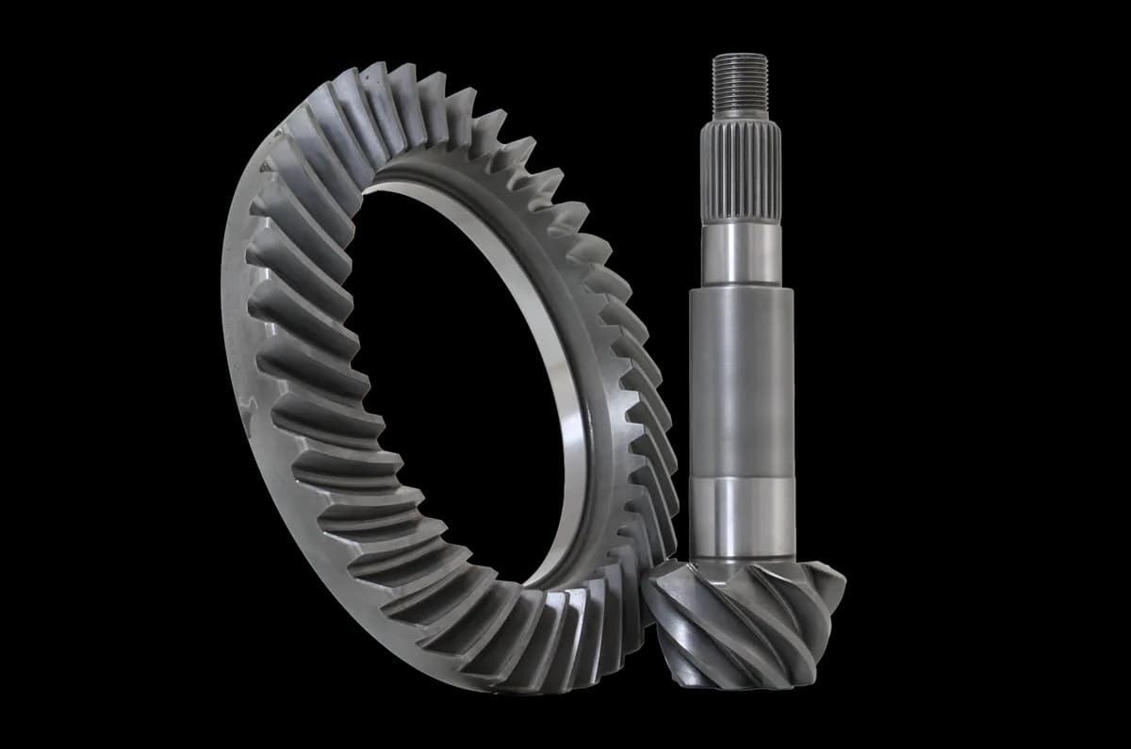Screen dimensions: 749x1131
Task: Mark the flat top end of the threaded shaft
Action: tap(740, 56)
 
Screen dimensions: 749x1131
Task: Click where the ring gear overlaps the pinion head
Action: tap(650, 603)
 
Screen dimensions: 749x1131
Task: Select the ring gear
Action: tap(283, 377)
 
